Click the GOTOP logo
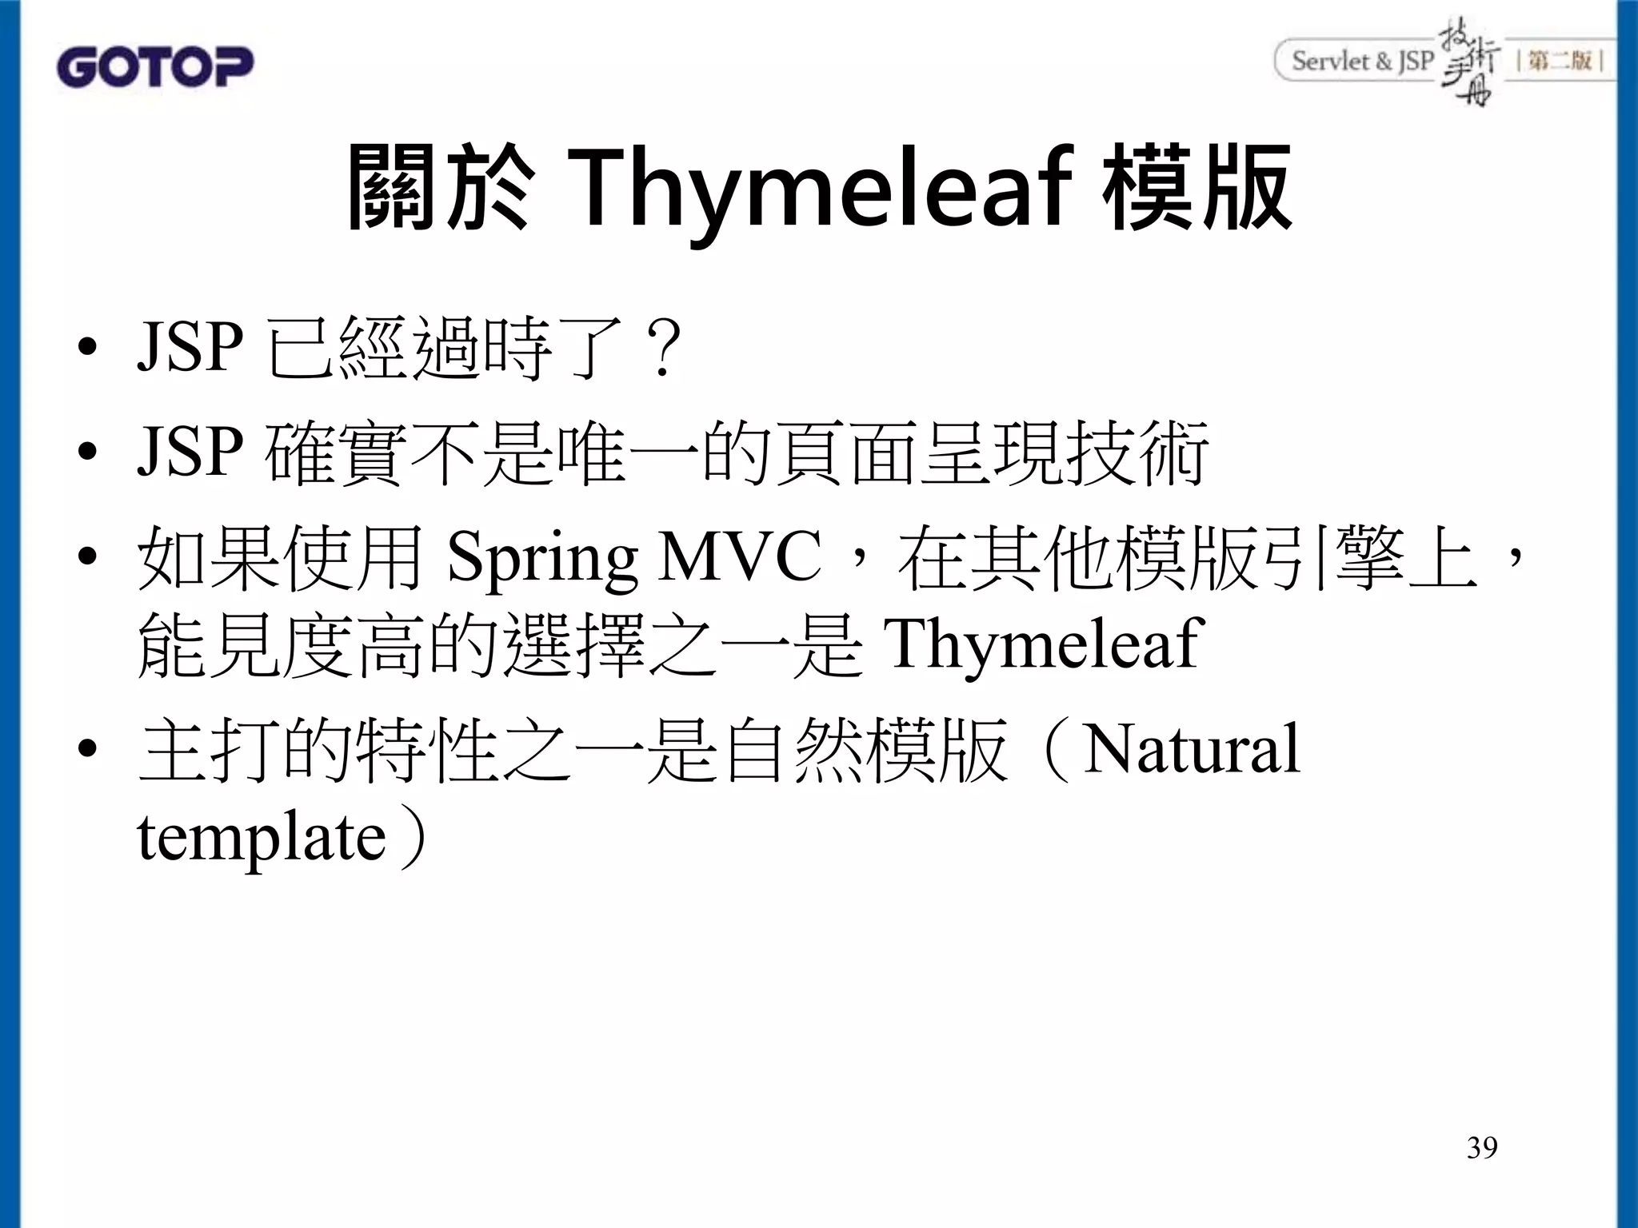coord(154,67)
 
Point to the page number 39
coord(1482,1147)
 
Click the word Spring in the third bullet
coord(541,557)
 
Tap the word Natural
coord(1191,749)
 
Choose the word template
coord(262,837)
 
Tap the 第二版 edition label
coord(1560,61)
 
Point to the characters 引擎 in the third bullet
coord(1331,557)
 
